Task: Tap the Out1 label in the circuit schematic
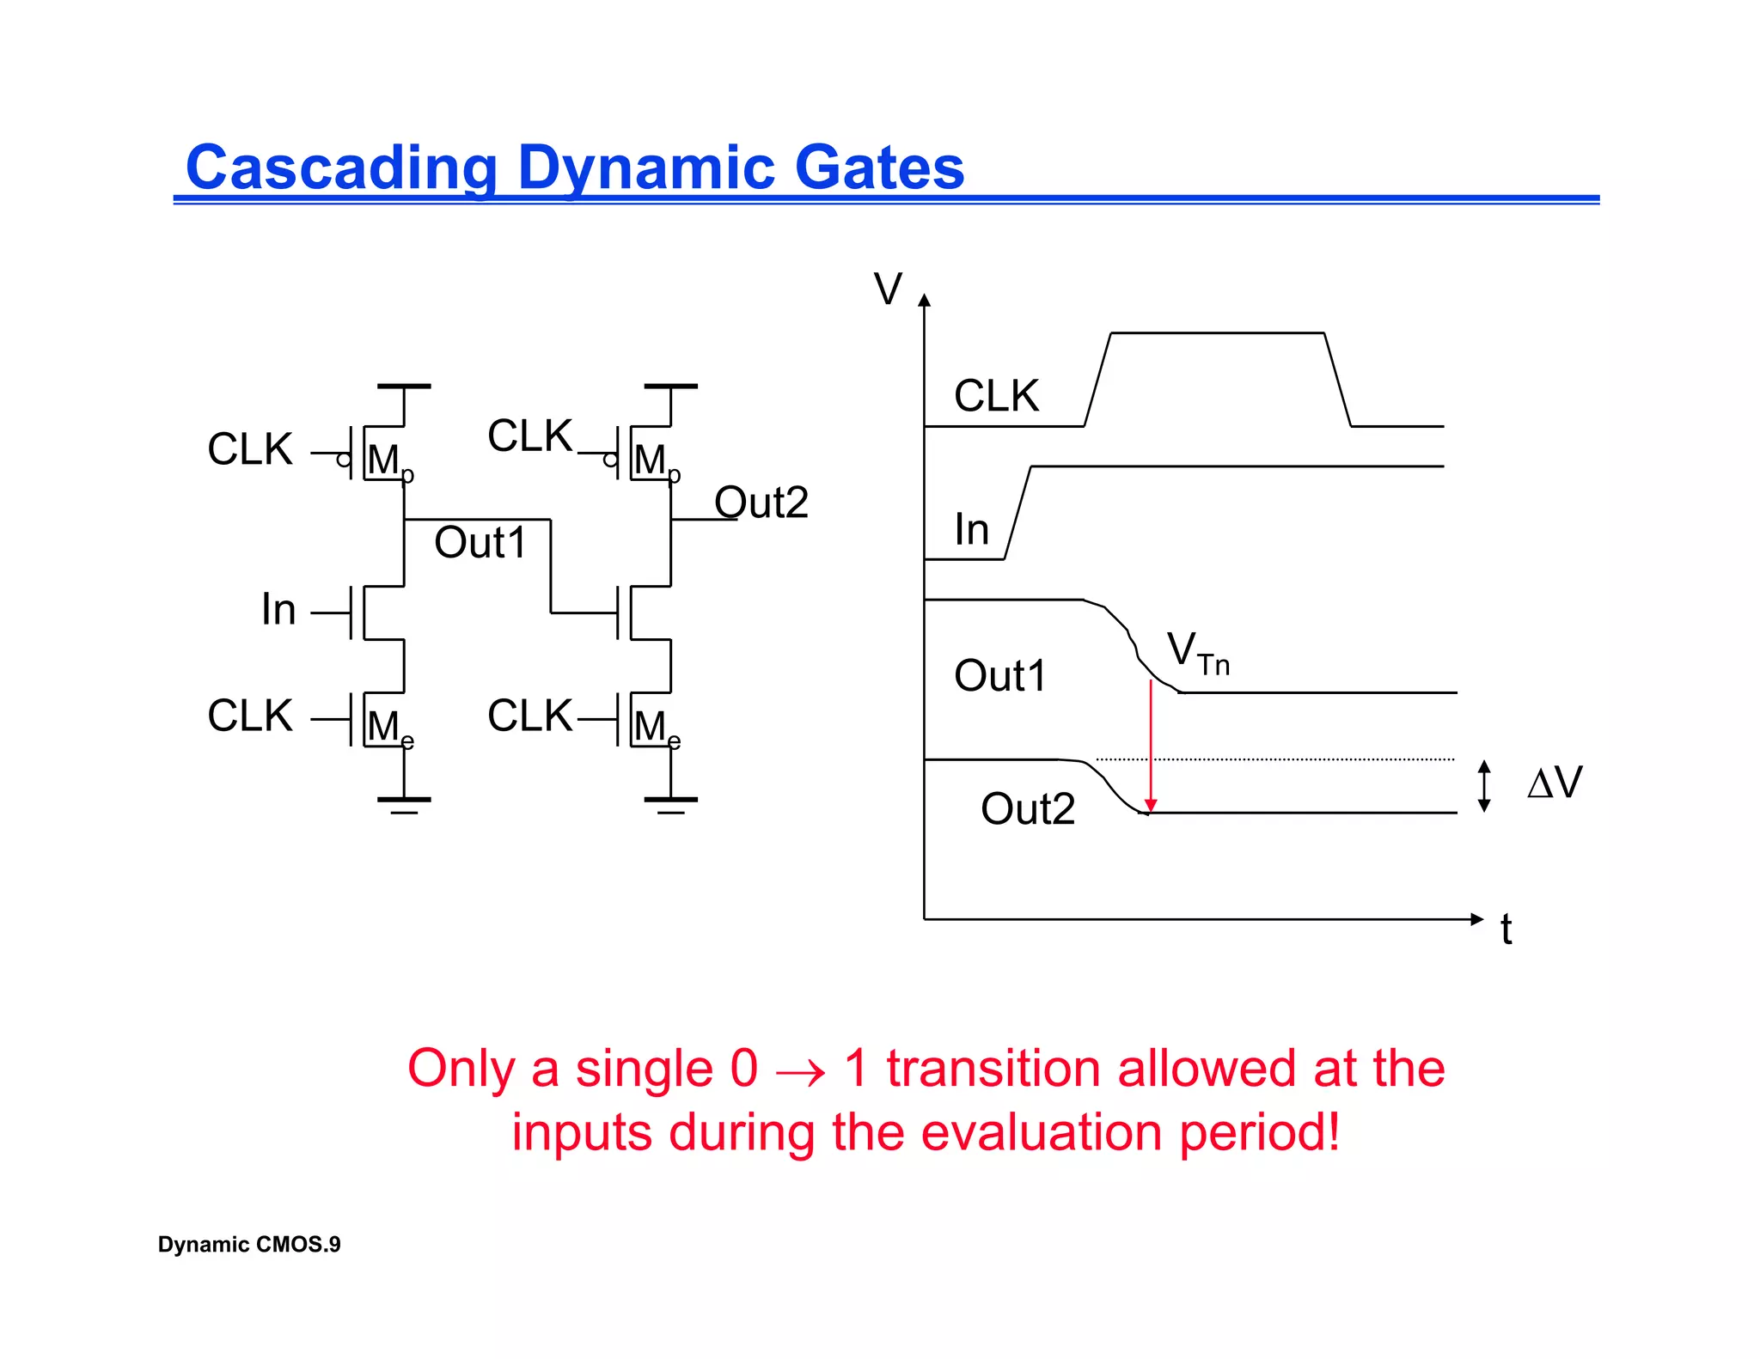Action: pyautogui.click(x=480, y=543)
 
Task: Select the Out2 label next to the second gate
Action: pyautogui.click(x=761, y=503)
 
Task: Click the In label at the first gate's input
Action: pyautogui.click(x=278, y=610)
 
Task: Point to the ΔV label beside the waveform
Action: pyautogui.click(x=1555, y=783)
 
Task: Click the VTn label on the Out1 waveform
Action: pyautogui.click(x=1197, y=653)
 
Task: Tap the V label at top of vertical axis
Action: pyautogui.click(x=888, y=289)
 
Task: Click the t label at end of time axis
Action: pyautogui.click(x=1506, y=929)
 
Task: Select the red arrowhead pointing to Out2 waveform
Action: pyautogui.click(x=1151, y=805)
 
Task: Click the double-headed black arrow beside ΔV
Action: pyautogui.click(x=1484, y=786)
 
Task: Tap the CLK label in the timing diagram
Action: pyautogui.click(x=996, y=396)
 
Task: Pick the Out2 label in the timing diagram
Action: pyautogui.click(x=1027, y=809)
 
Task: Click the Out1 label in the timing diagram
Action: pyautogui.click(x=1000, y=676)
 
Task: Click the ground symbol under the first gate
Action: pyautogui.click(x=404, y=804)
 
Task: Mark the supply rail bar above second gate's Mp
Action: pyautogui.click(x=670, y=387)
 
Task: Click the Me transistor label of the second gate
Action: pyautogui.click(x=656, y=728)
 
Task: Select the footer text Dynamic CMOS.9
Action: pyautogui.click(x=249, y=1245)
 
